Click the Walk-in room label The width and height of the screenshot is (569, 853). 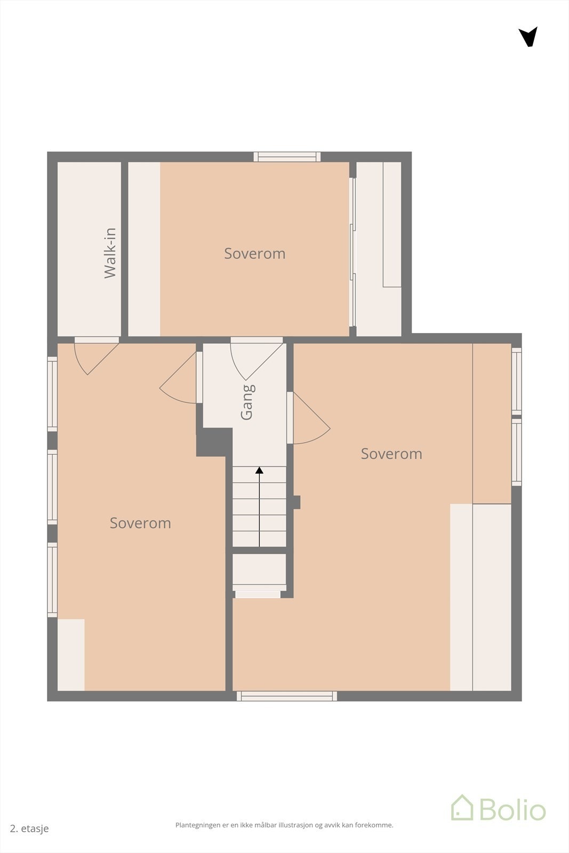click(x=110, y=253)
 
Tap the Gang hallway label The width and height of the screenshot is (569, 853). click(x=247, y=402)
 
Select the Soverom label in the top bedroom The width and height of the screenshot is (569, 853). click(x=254, y=254)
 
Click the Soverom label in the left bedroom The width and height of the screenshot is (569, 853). click(x=140, y=523)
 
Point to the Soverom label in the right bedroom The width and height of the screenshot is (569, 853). click(x=391, y=454)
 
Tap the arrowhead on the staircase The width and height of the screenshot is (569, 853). click(x=259, y=470)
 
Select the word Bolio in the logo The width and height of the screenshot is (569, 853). click(x=512, y=809)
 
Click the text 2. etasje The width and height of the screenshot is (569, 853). click(x=29, y=828)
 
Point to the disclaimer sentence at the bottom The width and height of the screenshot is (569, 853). click(x=284, y=825)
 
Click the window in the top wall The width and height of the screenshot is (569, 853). click(x=287, y=157)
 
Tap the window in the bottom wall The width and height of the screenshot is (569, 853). click(x=287, y=696)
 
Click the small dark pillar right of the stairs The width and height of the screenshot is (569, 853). click(x=296, y=502)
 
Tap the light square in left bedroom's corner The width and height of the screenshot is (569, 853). click(x=71, y=655)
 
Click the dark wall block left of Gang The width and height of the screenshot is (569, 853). click(x=214, y=442)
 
